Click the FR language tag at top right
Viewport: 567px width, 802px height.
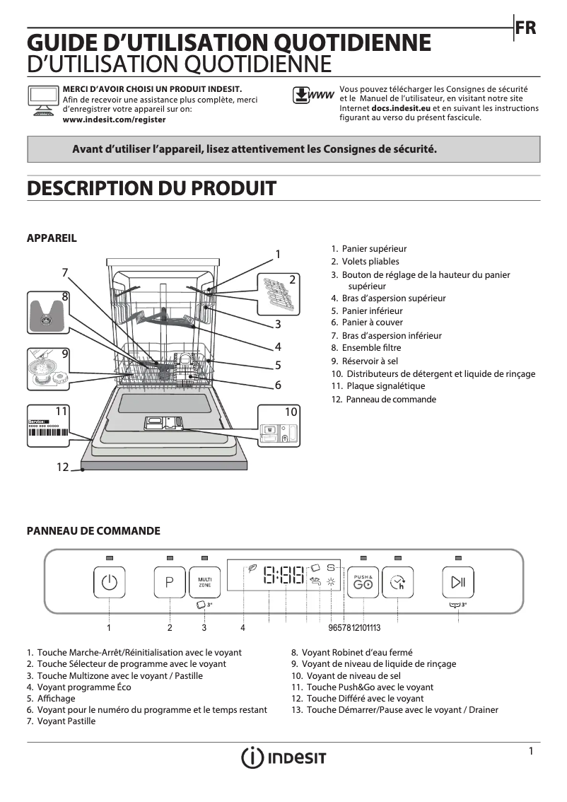coord(526,28)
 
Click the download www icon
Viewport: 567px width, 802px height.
coord(312,95)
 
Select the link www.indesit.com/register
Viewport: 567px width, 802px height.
coord(115,120)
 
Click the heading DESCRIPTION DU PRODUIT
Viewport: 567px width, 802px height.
coord(151,188)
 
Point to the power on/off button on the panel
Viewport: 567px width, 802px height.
coord(109,583)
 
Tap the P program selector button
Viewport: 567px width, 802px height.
coord(170,583)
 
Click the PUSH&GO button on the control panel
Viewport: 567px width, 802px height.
coord(363,583)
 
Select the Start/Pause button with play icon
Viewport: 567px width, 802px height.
coord(458,583)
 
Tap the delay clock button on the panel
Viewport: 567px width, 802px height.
coord(397,583)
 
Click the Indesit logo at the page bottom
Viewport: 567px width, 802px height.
coord(283,757)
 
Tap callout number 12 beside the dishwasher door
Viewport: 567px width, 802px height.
coord(63,467)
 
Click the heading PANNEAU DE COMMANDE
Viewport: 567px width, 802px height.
coord(93,530)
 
